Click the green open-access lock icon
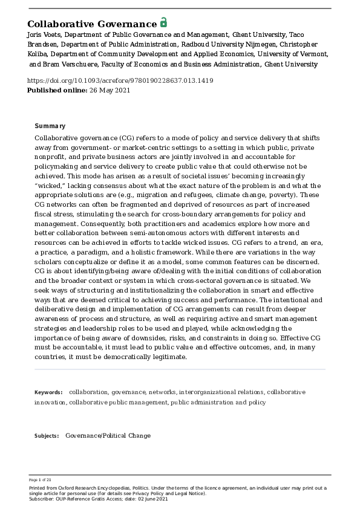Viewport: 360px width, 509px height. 163,23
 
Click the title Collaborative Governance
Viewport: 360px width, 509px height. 92,24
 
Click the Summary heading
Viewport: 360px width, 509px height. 50,126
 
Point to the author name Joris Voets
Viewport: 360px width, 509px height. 44,36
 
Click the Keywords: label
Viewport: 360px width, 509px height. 48,392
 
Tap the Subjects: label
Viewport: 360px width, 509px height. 47,436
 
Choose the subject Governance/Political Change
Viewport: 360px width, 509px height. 108,436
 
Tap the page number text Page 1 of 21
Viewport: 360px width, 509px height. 40,480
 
